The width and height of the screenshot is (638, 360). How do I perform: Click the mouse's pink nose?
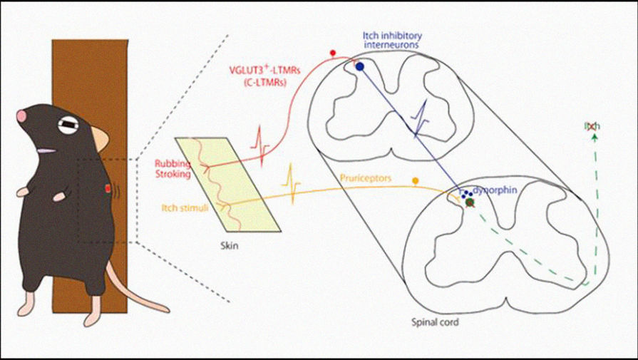pyautogui.click(x=22, y=115)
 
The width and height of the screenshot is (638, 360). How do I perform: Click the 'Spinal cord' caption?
pyautogui.click(x=436, y=322)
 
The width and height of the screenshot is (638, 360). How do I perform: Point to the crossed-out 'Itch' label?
pyautogui.click(x=592, y=126)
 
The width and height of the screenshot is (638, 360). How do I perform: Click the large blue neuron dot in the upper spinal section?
pyautogui.click(x=360, y=67)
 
